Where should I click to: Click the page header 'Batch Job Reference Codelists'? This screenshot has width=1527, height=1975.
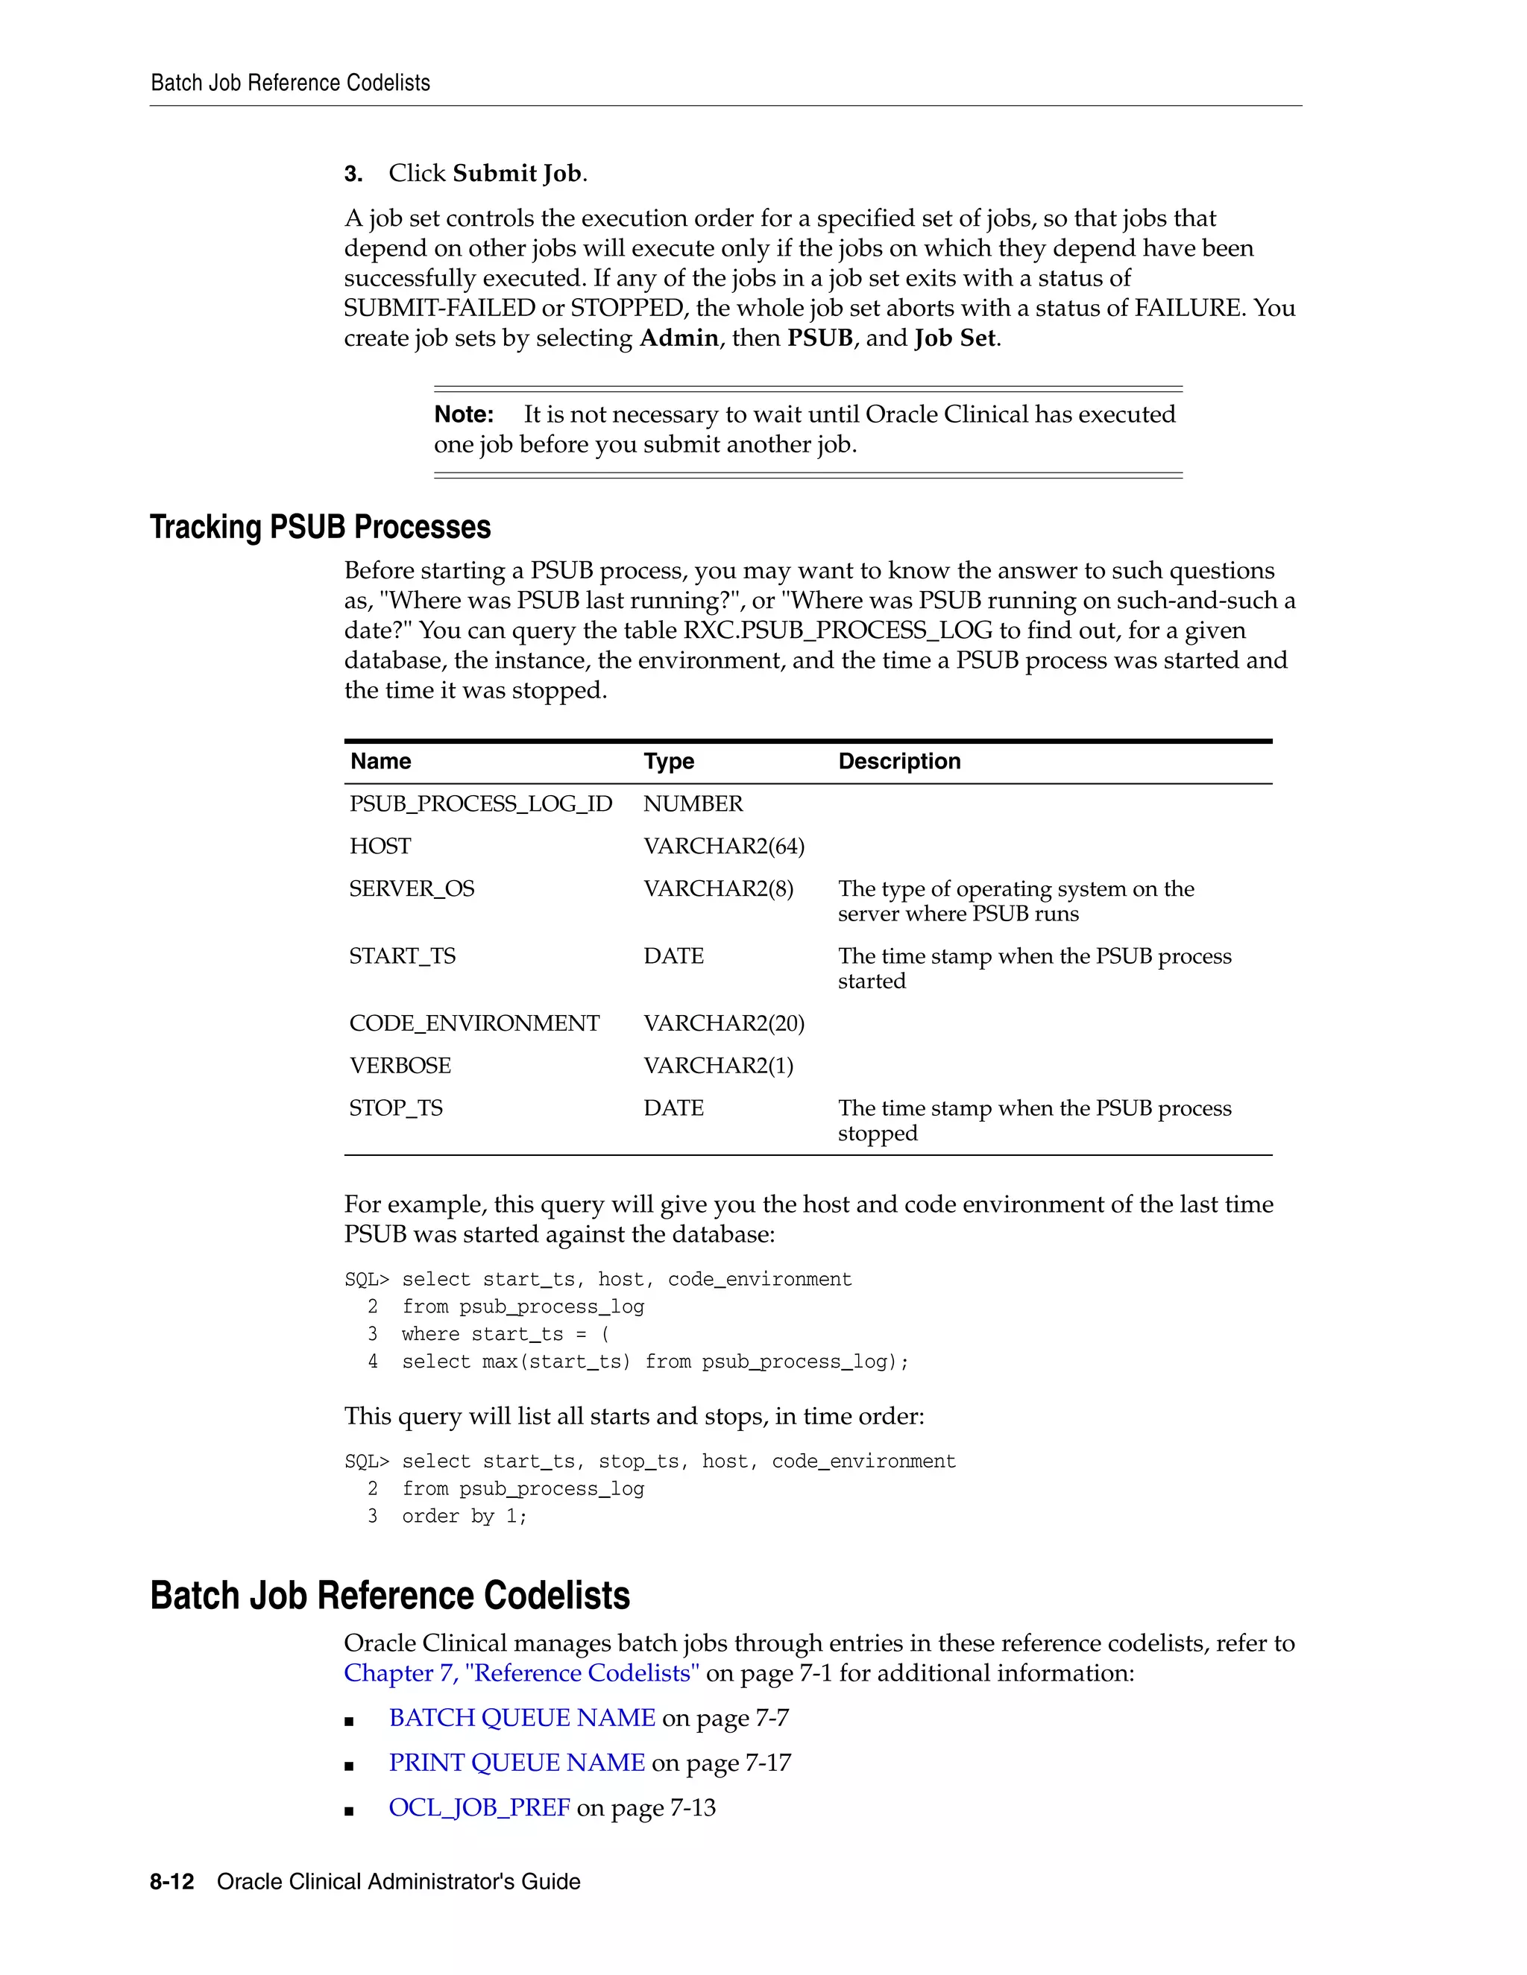(x=290, y=83)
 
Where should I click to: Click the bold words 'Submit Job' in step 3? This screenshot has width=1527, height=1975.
(x=517, y=174)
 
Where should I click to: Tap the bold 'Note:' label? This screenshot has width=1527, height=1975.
(x=463, y=415)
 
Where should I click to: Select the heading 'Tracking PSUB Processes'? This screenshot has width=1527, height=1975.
(x=320, y=527)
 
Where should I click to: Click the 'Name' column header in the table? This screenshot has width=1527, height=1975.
(x=380, y=762)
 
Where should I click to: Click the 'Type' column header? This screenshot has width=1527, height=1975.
(x=669, y=762)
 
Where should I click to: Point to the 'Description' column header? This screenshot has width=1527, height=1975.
(x=899, y=762)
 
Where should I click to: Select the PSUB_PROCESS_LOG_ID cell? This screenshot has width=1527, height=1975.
(x=480, y=804)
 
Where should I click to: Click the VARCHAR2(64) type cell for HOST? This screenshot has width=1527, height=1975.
(x=724, y=847)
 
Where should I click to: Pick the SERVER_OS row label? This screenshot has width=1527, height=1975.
(x=412, y=889)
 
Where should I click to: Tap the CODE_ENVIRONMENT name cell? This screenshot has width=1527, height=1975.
(x=474, y=1024)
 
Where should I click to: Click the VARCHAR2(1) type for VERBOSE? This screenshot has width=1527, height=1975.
(x=718, y=1066)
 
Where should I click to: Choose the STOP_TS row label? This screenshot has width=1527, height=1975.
(x=396, y=1109)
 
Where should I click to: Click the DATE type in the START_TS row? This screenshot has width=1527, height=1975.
(x=673, y=957)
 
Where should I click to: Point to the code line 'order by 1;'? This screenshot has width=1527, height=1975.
(x=464, y=1517)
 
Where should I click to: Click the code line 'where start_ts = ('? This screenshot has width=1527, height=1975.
(x=505, y=1335)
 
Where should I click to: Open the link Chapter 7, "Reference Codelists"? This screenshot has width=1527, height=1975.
(x=521, y=1674)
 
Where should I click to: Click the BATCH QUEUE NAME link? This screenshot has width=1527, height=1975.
(x=522, y=1718)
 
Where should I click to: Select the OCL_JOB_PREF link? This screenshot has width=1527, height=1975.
(x=479, y=1808)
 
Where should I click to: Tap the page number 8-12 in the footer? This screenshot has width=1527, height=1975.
(x=172, y=1882)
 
